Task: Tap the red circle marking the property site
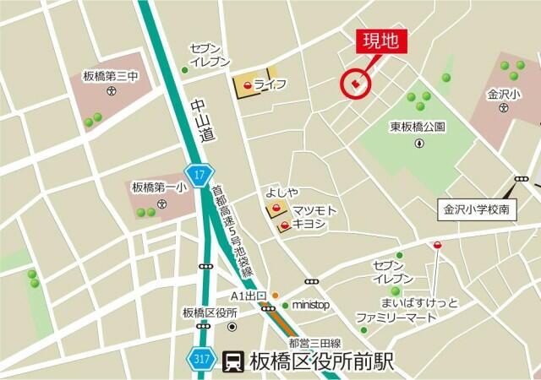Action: [355, 84]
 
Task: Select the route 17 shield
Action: [199, 176]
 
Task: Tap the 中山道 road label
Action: [199, 119]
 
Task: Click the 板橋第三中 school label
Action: [110, 75]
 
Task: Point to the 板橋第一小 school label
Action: [159, 187]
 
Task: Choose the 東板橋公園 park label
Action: [418, 127]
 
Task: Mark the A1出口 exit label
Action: [249, 296]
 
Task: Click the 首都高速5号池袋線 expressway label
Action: [233, 231]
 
